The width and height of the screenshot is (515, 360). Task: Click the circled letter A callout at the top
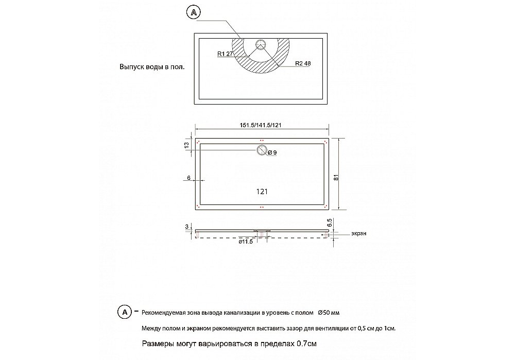click(193, 13)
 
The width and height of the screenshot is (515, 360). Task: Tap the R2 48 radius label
click(303, 63)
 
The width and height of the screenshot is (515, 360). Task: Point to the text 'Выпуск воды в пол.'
click(151, 67)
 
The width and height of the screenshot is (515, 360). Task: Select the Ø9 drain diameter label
click(272, 152)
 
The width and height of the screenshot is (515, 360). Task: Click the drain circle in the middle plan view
click(262, 150)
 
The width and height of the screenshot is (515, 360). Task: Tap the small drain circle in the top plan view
click(261, 43)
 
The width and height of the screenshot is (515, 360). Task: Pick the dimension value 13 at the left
click(187, 146)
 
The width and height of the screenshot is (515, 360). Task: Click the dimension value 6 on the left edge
click(189, 178)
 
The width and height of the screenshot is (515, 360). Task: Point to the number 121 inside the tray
click(262, 191)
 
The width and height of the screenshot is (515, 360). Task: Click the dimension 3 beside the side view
click(186, 227)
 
